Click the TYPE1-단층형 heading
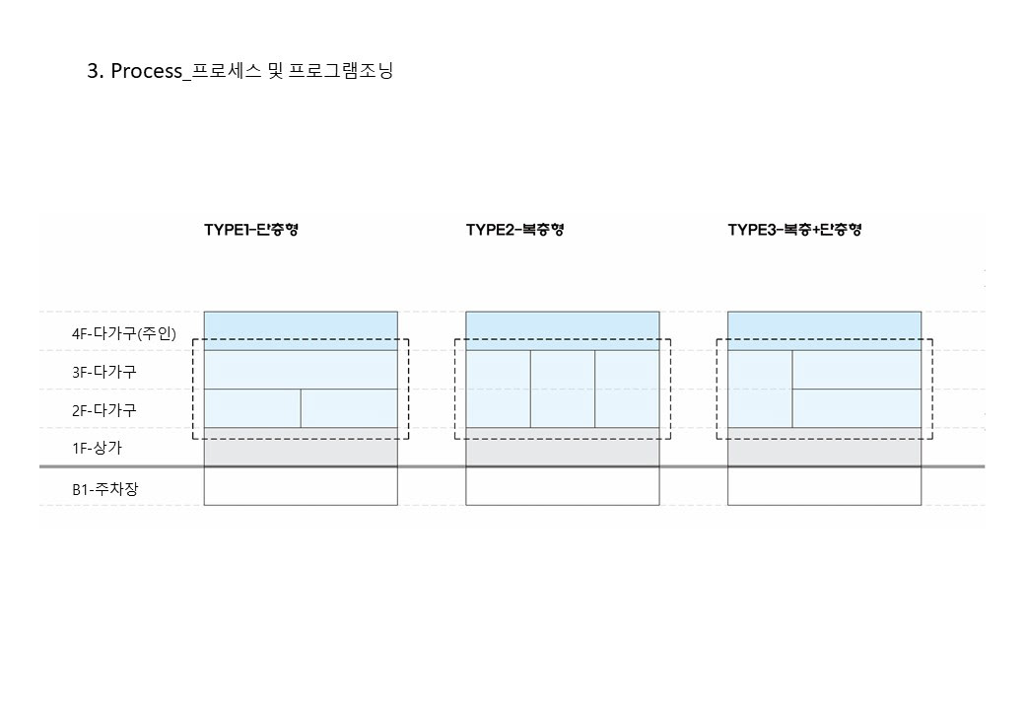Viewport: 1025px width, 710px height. [x=251, y=230]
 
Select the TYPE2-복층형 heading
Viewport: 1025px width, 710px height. [x=514, y=230]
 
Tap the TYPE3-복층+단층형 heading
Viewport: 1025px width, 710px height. [x=795, y=230]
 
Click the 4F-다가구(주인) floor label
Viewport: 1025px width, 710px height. [x=123, y=333]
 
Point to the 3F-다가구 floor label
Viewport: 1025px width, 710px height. [x=103, y=372]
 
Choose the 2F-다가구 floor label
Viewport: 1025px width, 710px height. [x=103, y=410]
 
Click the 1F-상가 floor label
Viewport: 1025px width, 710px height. [x=97, y=449]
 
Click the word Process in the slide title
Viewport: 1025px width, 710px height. [x=147, y=71]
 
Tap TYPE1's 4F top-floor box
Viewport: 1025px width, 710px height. [x=301, y=330]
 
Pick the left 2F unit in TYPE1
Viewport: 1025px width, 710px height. [x=252, y=408]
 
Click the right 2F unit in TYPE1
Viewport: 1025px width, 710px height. [x=349, y=408]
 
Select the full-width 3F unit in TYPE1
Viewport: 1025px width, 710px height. [x=301, y=370]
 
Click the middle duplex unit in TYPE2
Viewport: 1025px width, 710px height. [x=563, y=389]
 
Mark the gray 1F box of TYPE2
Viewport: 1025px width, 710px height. [x=563, y=448]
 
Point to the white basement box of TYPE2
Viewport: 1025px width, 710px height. [x=563, y=486]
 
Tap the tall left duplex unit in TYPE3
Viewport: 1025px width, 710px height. [x=760, y=389]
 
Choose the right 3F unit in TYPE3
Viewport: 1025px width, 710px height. [x=856, y=370]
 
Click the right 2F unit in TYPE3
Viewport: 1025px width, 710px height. [x=856, y=408]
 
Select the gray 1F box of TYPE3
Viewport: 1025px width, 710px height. [x=824, y=448]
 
